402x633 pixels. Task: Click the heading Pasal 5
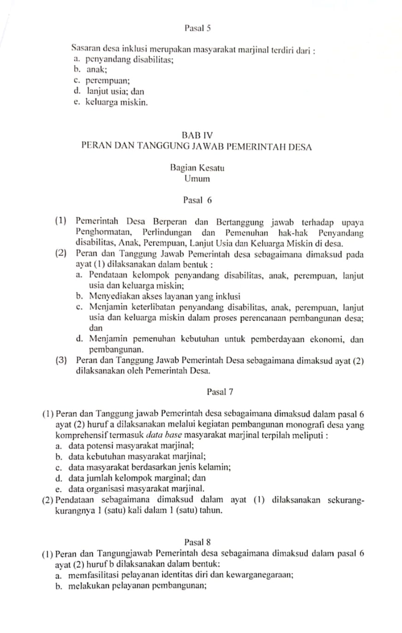tap(197, 29)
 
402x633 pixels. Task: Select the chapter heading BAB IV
tap(197, 136)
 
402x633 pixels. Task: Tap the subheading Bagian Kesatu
tap(197, 168)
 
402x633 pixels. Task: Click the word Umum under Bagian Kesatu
tap(197, 178)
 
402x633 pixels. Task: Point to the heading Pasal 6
tap(197, 200)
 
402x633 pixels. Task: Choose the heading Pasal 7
tap(220, 392)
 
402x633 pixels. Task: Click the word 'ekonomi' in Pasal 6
tap(322, 340)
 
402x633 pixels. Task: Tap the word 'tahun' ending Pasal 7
tap(211, 511)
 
